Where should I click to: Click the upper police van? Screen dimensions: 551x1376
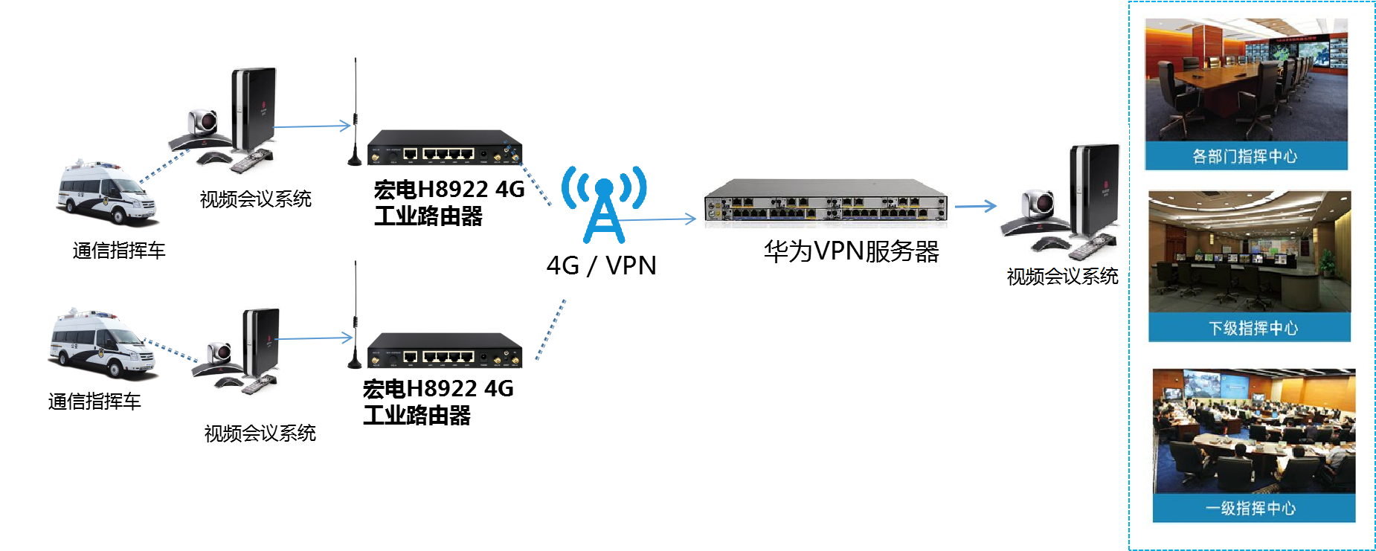tap(109, 193)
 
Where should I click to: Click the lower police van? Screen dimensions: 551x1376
tap(104, 344)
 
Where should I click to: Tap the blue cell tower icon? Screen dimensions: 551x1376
tap(604, 204)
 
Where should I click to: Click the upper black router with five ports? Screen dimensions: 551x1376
tap(444, 147)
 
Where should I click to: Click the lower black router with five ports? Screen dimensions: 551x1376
tap(444, 350)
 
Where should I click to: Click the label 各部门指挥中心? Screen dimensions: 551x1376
tap(1244, 156)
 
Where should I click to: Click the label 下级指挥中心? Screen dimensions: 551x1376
tap(1253, 328)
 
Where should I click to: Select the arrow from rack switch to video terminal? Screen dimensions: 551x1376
tap(975, 206)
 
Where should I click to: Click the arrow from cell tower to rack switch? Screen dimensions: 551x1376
tap(658, 219)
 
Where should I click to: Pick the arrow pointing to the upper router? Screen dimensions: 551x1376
tap(312, 126)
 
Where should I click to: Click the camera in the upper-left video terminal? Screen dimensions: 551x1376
tap(203, 121)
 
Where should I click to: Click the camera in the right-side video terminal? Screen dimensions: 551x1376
tap(1038, 202)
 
